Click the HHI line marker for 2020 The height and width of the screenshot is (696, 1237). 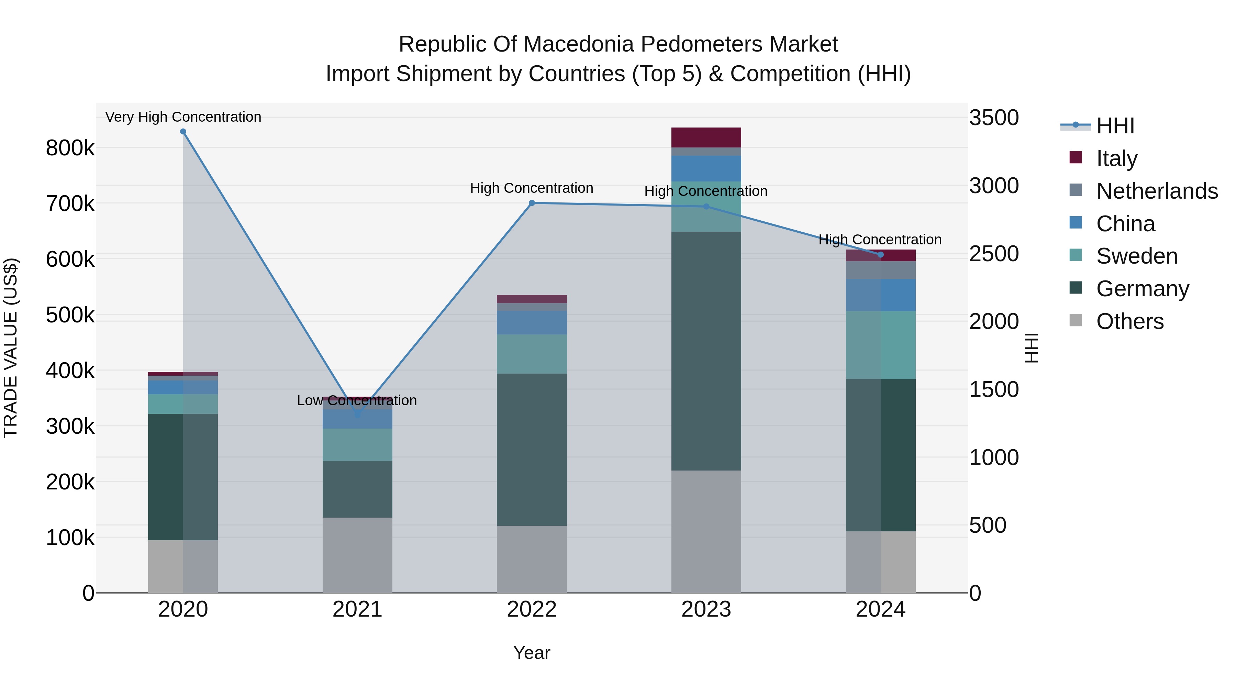tap(183, 132)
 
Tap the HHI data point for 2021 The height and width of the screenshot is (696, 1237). tap(357, 414)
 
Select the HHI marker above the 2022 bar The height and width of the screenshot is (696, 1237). tap(532, 203)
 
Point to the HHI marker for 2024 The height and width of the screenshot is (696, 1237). tap(881, 255)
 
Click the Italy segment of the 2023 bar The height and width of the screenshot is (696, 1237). tap(706, 137)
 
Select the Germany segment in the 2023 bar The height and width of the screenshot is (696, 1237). tap(706, 351)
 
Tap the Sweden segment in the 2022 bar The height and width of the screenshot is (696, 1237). tap(532, 354)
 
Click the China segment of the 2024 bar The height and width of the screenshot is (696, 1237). tap(881, 295)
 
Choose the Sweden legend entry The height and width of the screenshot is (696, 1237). tap(1137, 256)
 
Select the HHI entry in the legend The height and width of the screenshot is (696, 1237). tap(1115, 126)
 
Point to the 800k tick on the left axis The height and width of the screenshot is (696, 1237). tap(70, 148)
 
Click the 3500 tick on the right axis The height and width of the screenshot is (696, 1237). tap(993, 118)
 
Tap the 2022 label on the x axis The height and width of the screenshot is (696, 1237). tap(532, 609)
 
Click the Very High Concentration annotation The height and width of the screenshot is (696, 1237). tap(183, 117)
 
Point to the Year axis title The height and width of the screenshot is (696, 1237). tap(532, 653)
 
